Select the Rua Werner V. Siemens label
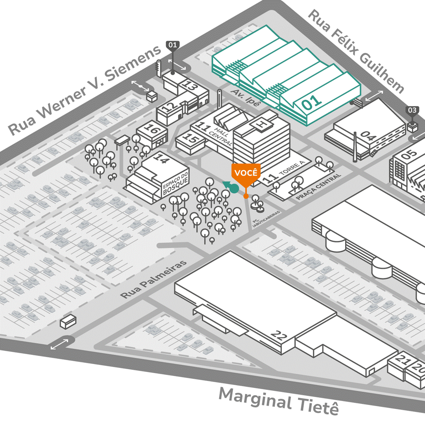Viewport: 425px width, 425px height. pyautogui.click(x=85, y=91)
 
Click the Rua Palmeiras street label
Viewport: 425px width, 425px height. pyautogui.click(x=153, y=279)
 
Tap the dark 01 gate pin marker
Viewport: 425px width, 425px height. pyautogui.click(x=173, y=45)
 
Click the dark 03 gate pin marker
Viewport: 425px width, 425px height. pyautogui.click(x=412, y=111)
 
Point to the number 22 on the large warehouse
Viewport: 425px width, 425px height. pyautogui.click(x=280, y=336)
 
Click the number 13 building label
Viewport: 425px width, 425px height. pyautogui.click(x=190, y=86)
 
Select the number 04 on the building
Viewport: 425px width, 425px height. pyautogui.click(x=369, y=136)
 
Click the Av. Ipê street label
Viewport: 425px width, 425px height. pyautogui.click(x=246, y=98)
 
